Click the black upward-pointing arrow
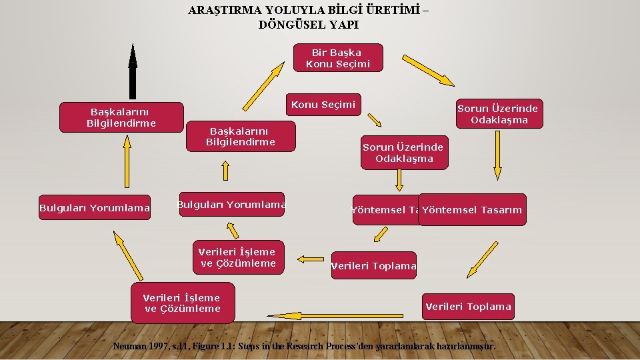click(x=133, y=72)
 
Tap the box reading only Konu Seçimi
click(x=323, y=105)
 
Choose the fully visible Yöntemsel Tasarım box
click(x=472, y=210)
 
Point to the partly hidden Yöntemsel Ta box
click(x=385, y=210)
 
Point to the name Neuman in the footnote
click(x=131, y=346)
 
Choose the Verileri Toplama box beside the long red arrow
click(x=468, y=307)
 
